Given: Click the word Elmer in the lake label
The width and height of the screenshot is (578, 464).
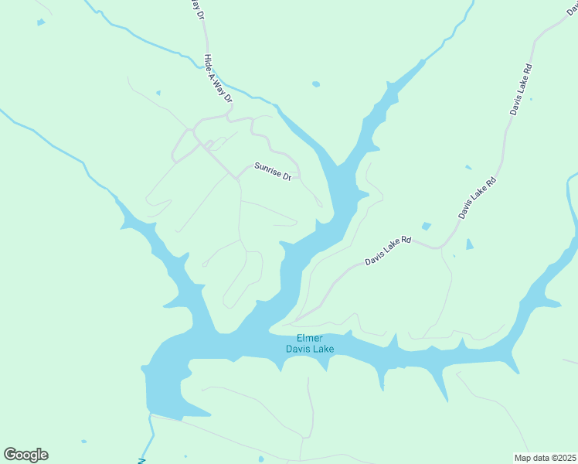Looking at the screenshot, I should [310, 338].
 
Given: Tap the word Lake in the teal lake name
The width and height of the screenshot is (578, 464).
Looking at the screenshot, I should [322, 350].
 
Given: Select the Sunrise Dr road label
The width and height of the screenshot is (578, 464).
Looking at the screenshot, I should [273, 171].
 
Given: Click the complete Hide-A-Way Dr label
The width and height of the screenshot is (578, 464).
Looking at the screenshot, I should [217, 79].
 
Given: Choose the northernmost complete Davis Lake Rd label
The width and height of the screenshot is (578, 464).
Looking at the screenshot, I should [522, 90].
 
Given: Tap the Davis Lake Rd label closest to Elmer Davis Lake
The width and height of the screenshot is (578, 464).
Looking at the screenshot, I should [388, 251].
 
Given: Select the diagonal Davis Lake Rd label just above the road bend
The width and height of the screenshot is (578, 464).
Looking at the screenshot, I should [476, 199].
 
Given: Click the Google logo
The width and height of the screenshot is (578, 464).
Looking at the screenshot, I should [25, 455].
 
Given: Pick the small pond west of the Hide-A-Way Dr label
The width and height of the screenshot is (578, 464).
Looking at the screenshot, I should [158, 93].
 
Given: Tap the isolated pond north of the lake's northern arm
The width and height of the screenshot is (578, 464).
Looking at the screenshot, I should [315, 84].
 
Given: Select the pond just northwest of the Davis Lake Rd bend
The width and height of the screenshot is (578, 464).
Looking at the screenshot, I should [426, 226].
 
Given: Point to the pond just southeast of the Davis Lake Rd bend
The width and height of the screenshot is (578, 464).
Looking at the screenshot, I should [470, 244].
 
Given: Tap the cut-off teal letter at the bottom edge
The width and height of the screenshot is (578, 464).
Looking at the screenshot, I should [141, 459].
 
